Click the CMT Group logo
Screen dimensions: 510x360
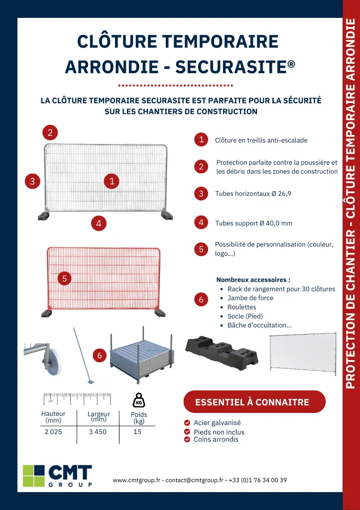tap(58, 476)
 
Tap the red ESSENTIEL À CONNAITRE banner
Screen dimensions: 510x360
tap(254, 402)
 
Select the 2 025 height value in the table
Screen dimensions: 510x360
tap(53, 432)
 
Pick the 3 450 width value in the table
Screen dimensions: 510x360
tap(98, 432)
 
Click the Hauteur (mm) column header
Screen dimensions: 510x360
tap(53, 417)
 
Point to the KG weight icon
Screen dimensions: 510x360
tap(139, 400)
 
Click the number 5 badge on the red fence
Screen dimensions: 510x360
tap(64, 278)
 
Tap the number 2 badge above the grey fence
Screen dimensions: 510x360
tap(50, 132)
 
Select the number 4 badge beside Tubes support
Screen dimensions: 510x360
tap(201, 223)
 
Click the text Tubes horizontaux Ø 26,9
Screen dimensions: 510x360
tap(253, 194)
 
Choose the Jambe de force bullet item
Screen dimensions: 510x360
tap(250, 298)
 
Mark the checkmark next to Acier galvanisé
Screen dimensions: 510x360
tap(187, 423)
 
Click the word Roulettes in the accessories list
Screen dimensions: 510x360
tap(241, 307)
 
